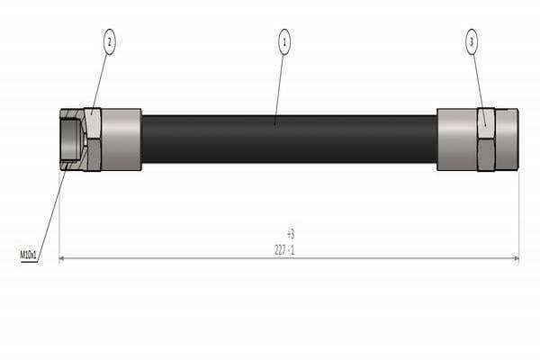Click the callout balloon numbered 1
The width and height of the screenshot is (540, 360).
point(284,42)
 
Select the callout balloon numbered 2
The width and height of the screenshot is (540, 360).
point(110,42)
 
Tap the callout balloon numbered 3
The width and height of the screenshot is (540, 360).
point(472,42)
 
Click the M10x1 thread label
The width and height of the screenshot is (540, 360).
point(28,256)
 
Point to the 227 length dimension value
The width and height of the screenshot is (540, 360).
point(280,250)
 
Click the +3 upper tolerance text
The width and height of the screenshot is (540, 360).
point(291,234)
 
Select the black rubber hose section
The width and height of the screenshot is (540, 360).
point(289,139)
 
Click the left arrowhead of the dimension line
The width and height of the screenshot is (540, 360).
point(62,258)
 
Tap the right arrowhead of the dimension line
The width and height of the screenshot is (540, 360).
point(517,258)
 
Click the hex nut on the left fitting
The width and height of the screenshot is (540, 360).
point(93,139)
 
